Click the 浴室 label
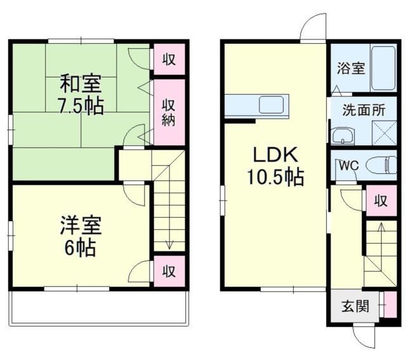coord(350,68)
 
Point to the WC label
coord(348,165)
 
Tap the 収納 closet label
coord(167,112)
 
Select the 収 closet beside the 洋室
coord(168,271)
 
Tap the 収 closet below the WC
coord(380,201)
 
